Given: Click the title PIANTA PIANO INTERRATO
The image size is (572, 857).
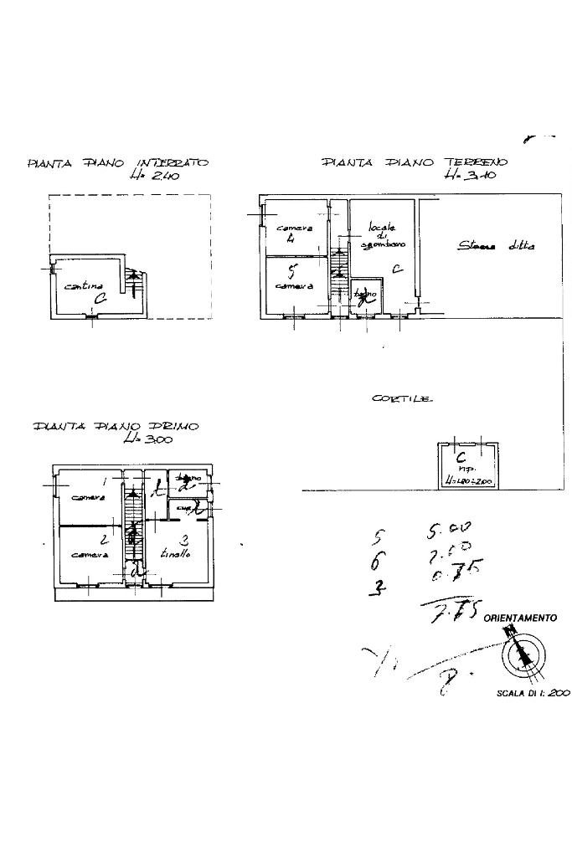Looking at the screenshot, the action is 118,163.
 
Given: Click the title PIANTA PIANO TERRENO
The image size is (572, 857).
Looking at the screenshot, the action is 414,163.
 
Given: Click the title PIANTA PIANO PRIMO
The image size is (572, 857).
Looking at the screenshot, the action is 116,427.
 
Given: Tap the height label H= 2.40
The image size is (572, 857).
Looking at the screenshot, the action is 156,177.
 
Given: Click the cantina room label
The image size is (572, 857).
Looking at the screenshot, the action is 84,288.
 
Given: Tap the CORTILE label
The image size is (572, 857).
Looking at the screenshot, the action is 402,399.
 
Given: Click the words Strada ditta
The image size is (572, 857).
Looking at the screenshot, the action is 496,246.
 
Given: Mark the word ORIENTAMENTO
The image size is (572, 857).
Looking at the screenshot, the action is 520,618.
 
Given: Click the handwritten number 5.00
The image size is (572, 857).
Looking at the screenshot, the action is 448,531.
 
